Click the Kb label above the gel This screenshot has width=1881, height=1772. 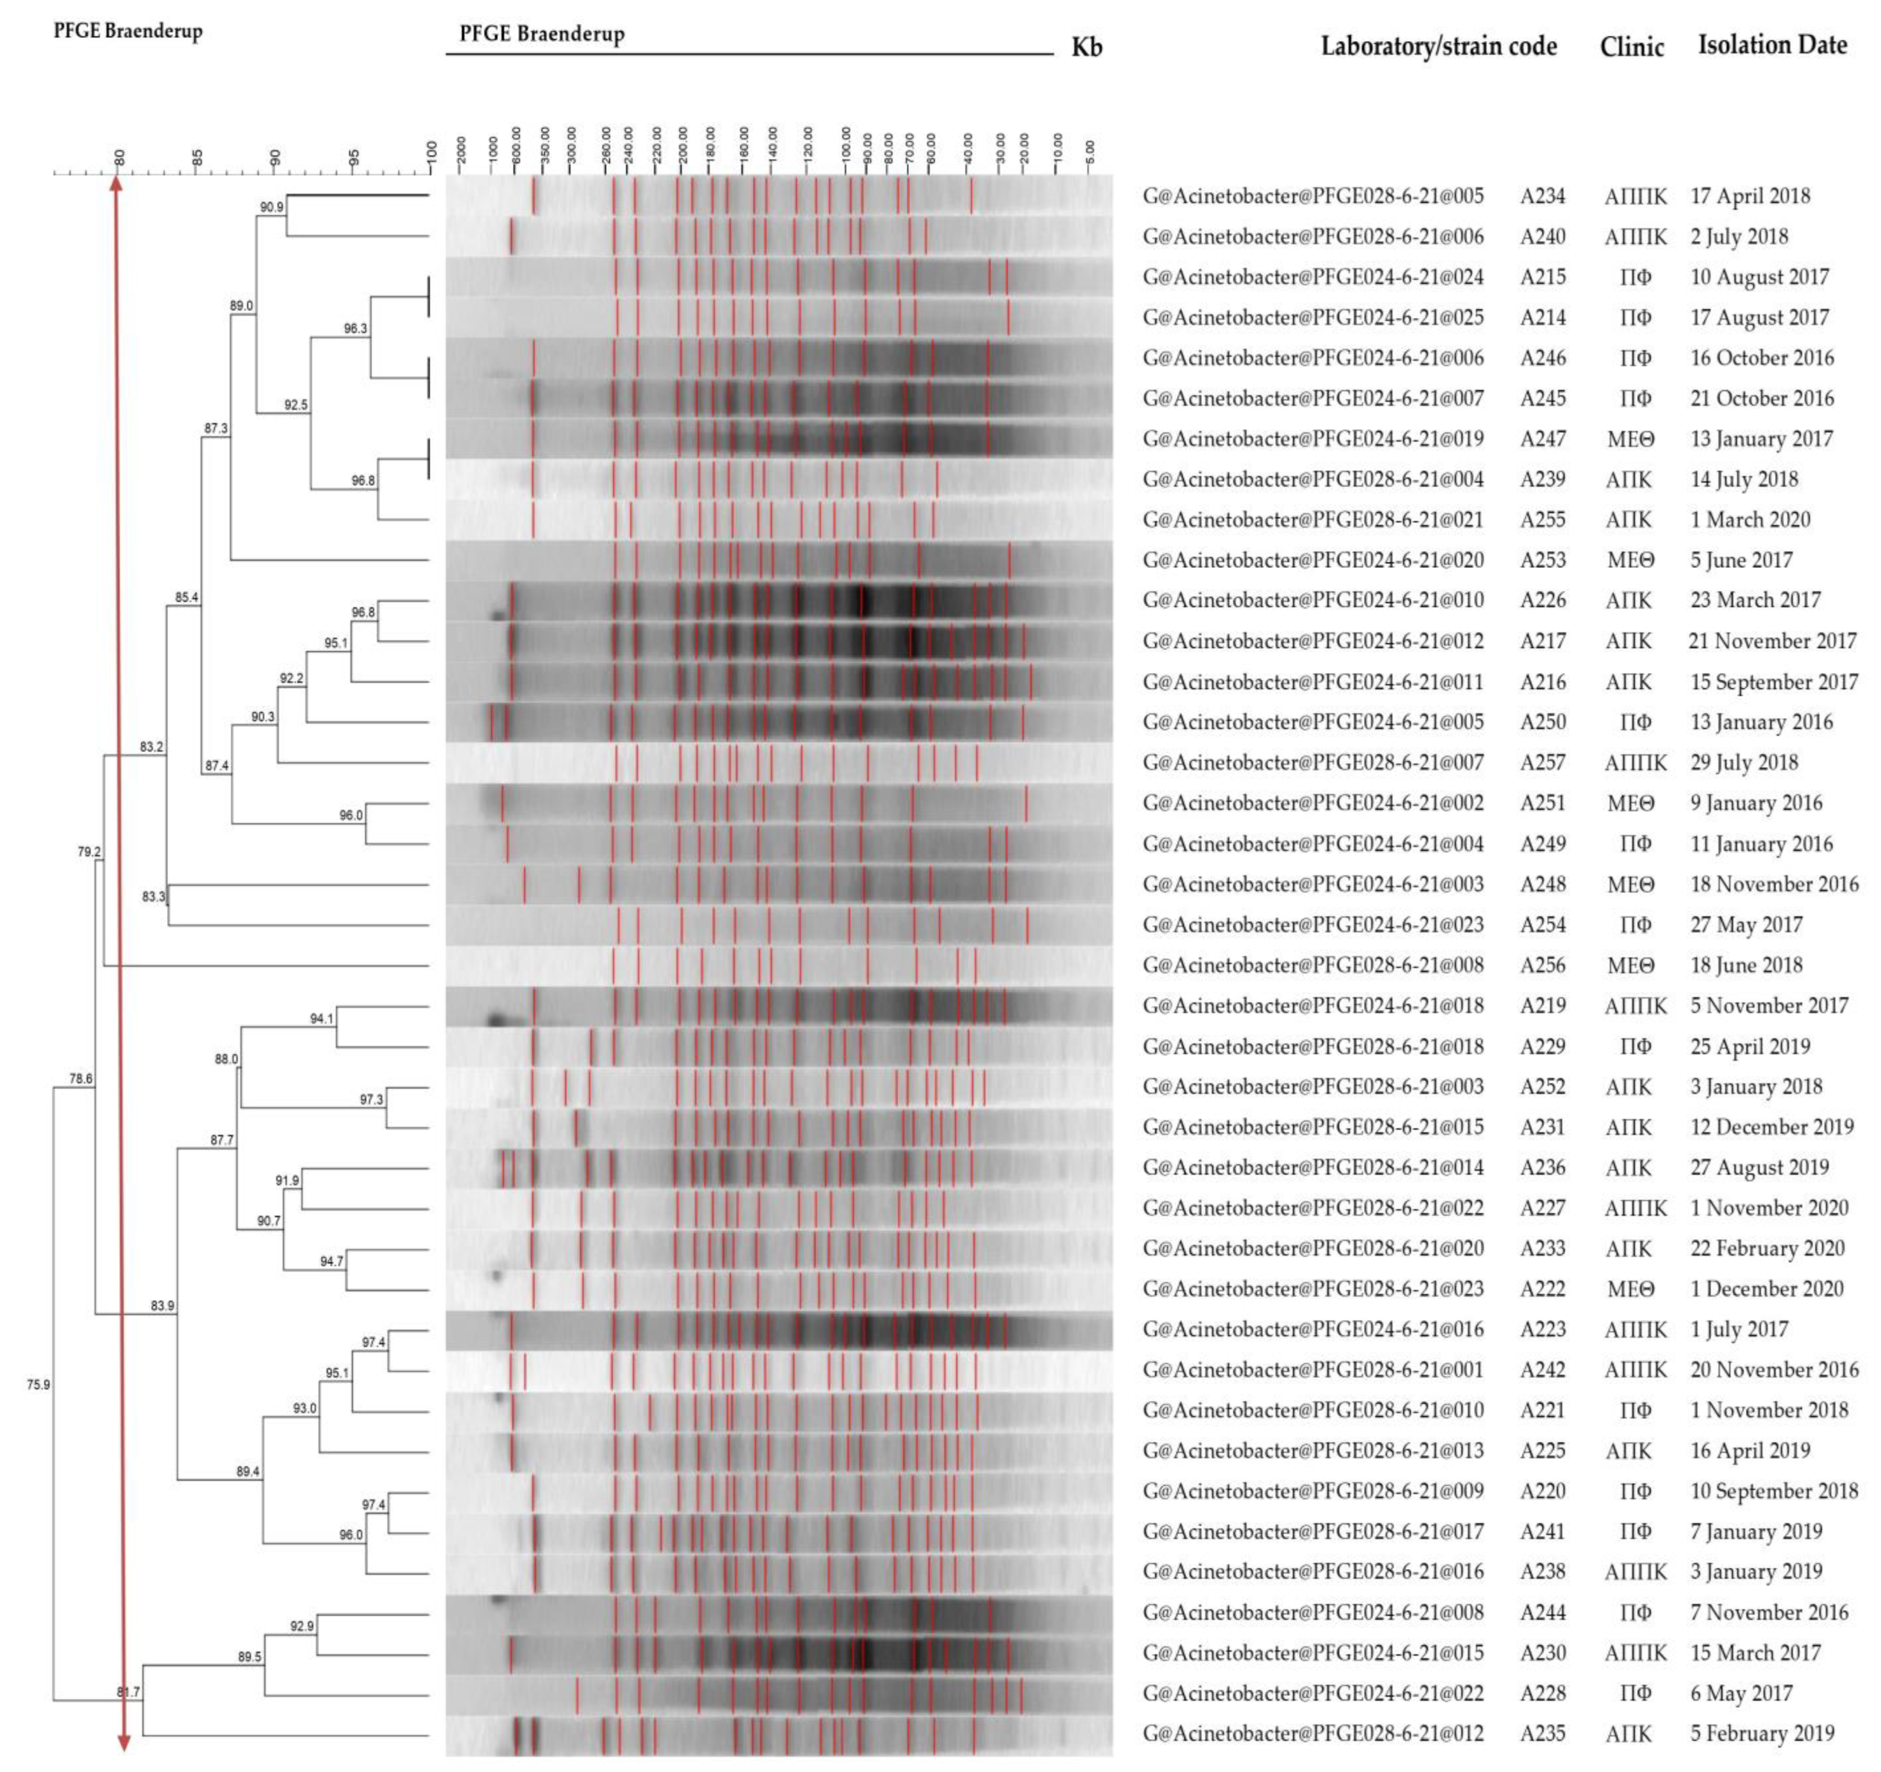1086,47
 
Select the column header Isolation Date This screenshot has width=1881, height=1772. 1771,45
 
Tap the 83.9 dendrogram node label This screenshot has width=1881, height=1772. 163,1306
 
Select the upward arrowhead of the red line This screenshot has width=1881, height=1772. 117,184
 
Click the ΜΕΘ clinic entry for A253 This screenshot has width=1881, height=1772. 1630,560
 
